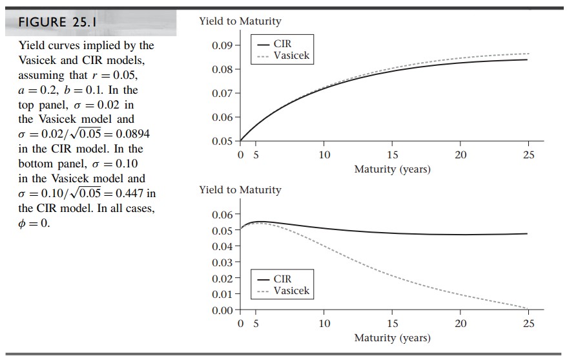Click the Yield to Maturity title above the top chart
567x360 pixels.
pos(240,21)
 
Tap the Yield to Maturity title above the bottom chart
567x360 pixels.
pos(240,190)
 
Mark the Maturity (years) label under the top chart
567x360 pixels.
pos(392,169)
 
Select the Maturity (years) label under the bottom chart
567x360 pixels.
pos(392,337)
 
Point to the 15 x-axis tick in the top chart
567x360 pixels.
pos(392,155)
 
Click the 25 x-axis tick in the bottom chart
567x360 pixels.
pos(528,324)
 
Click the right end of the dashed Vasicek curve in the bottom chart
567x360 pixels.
pos(528,308)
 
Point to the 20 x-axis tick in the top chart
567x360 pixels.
pos(460,155)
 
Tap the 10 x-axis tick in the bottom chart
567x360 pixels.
pos(324,324)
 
